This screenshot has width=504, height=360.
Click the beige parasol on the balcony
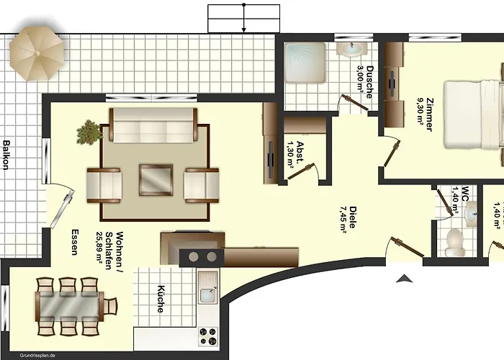pos(37,53)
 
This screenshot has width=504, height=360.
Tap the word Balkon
pos(6,155)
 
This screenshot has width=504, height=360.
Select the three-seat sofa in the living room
pos(153,125)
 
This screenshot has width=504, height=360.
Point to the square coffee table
pos(156,180)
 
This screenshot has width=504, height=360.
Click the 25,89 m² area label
pos(99,248)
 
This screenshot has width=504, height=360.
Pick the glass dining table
pos(69,307)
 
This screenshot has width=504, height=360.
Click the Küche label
pos(161,299)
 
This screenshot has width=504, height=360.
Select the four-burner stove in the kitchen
pos(208,336)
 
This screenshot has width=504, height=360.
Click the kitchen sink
pos(207,288)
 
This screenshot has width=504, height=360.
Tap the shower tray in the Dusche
pos(305,63)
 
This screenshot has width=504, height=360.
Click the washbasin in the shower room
pos(351,48)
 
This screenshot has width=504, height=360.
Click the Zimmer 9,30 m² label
pos(425,114)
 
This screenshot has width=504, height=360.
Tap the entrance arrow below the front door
pos(405,279)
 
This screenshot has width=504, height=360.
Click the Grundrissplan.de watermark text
pos(37,355)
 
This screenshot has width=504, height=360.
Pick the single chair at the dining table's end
pos(111,306)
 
